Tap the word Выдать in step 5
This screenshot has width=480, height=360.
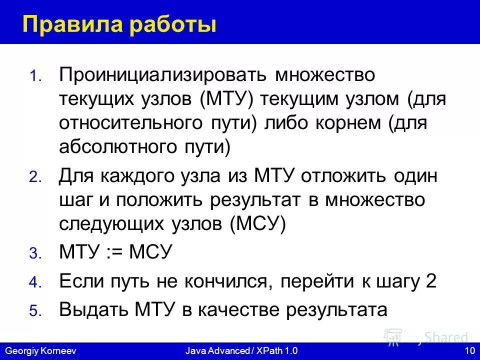(x=92, y=309)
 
